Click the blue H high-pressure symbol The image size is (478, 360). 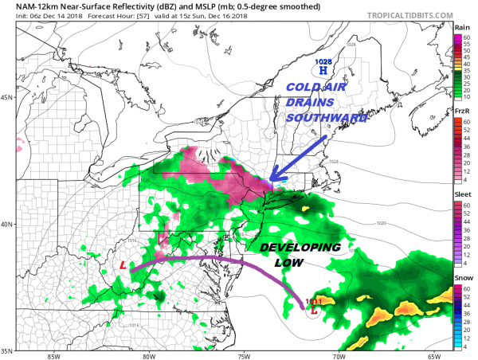(323, 71)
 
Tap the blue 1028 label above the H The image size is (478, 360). (323, 61)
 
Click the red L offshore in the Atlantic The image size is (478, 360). (312, 311)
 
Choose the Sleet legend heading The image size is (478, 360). (461, 194)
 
